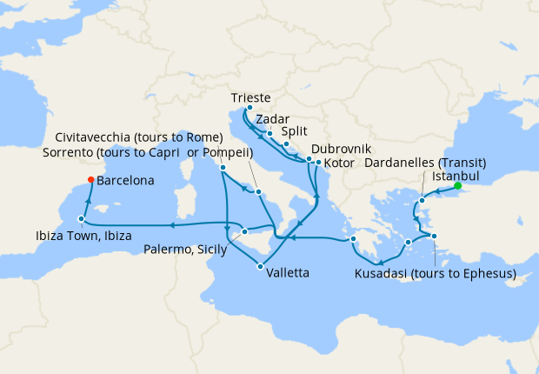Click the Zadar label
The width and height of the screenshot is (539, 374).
pos(272,119)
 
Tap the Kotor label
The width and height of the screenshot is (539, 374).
pos(340,163)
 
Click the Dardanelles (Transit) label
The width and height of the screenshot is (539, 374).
pos(424,163)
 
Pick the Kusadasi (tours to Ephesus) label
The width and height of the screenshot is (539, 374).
pos(436,274)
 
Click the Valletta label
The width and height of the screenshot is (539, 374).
pos(288,272)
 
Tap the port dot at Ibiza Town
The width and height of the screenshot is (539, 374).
pos(81,219)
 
